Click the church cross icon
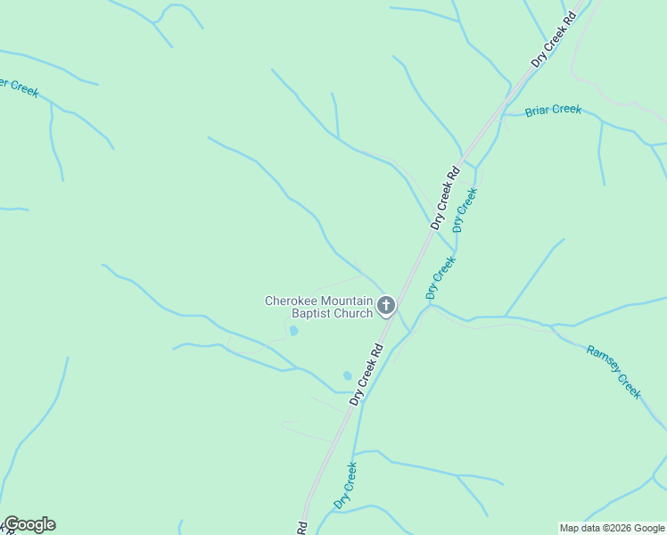(386, 307)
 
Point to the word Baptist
(308, 314)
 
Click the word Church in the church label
(352, 314)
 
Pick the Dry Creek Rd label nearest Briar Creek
(552, 41)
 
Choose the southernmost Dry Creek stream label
(345, 486)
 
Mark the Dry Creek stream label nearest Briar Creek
(465, 210)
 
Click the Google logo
(29, 524)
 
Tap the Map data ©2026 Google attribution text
(612, 528)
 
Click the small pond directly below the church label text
(292, 332)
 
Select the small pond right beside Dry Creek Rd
(347, 375)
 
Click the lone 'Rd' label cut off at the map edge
(301, 528)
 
